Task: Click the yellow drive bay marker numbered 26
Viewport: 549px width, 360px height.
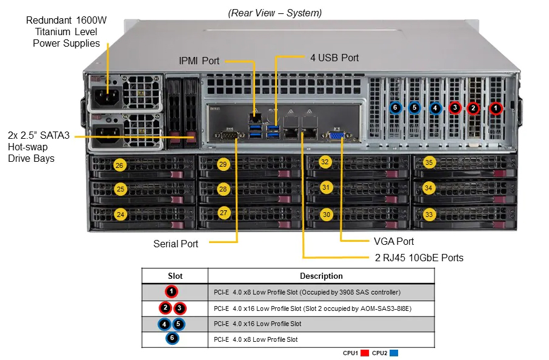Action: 119,165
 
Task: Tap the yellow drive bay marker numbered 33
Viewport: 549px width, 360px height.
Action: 429,215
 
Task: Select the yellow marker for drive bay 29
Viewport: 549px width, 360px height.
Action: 223,164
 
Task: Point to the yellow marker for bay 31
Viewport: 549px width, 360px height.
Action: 326,187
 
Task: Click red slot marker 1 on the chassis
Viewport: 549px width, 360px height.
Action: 496,108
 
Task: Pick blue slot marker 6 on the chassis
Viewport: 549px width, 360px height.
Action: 395,107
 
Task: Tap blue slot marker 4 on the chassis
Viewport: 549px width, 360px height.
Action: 435,108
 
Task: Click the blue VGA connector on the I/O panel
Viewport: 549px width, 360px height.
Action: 337,136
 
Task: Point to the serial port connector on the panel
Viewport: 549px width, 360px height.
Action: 228,135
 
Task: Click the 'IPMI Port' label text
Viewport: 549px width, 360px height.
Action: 199,61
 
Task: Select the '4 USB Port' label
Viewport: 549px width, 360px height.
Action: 334,58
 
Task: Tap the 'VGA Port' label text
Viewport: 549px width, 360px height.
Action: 394,241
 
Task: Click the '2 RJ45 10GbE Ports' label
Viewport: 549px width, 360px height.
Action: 419,258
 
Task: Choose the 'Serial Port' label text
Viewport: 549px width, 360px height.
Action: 176,244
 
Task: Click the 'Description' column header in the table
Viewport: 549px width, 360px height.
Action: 321,276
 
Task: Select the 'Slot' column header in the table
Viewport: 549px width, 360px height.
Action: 175,276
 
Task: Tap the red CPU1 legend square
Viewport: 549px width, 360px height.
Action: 364,353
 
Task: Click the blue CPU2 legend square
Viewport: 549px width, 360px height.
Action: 394,353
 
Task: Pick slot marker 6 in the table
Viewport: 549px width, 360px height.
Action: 172,338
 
